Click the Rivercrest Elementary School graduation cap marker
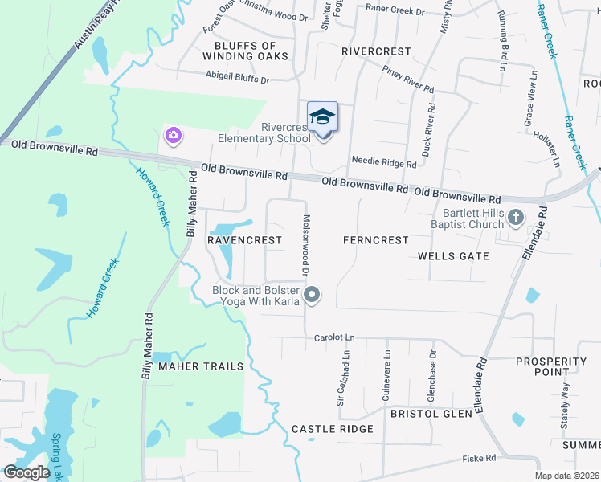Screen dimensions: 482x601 (x=322, y=117)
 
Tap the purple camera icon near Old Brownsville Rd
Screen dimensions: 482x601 (x=173, y=135)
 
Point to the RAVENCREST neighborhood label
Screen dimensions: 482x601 (x=245, y=240)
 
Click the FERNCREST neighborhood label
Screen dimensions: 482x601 (x=375, y=240)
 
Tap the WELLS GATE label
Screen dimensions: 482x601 (x=453, y=256)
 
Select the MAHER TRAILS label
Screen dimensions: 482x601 (x=200, y=366)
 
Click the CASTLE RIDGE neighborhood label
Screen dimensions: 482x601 (x=333, y=429)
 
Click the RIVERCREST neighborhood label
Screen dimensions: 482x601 (x=376, y=51)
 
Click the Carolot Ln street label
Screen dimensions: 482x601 (x=334, y=338)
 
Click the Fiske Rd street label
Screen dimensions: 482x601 (x=479, y=458)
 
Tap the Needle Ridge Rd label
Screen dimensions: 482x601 (x=390, y=164)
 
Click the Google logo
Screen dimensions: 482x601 (x=27, y=472)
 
